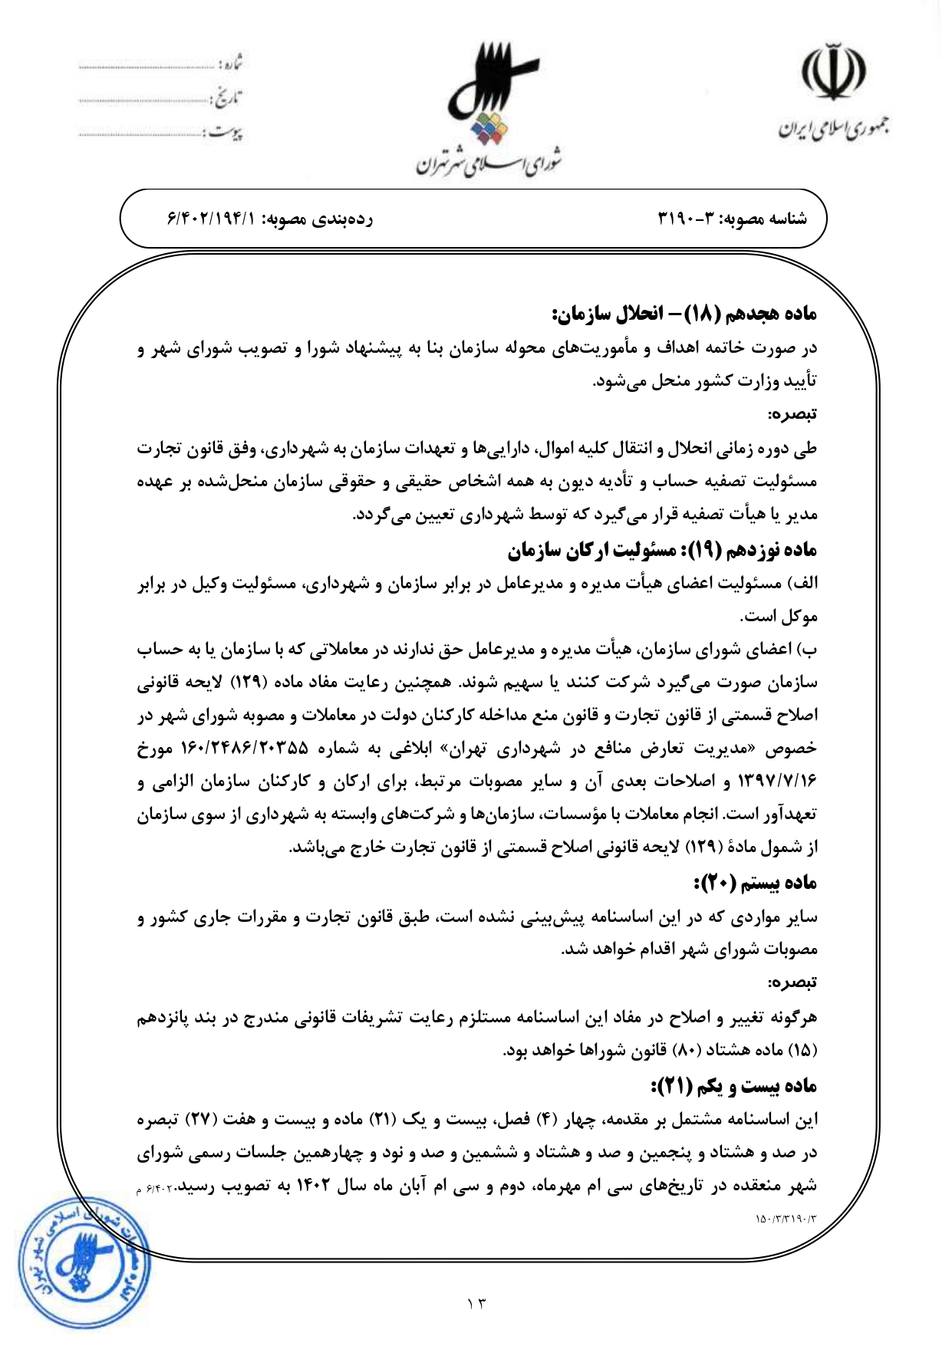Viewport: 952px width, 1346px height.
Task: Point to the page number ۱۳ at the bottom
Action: [476, 1302]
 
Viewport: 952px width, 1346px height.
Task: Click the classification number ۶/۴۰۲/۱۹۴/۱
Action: [210, 219]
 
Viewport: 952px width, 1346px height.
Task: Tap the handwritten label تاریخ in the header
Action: [226, 99]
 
